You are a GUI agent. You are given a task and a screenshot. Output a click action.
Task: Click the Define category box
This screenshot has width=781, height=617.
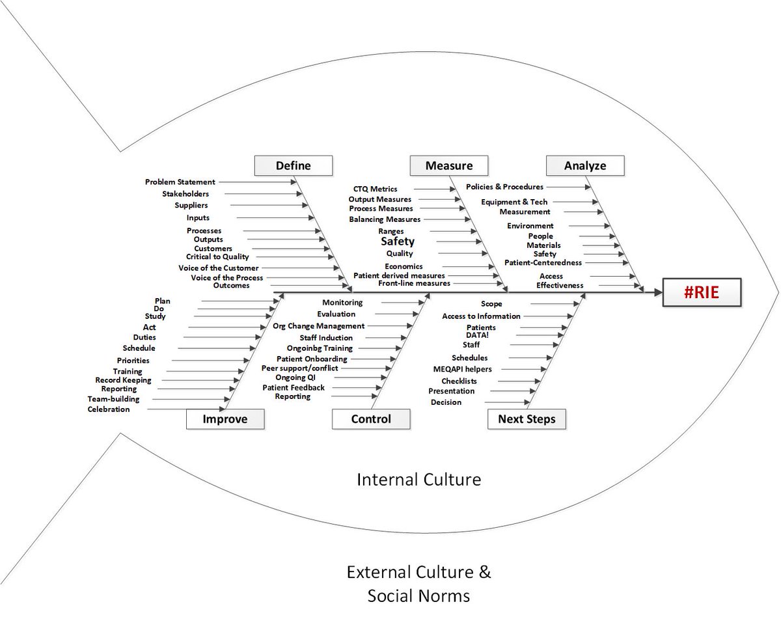click(293, 165)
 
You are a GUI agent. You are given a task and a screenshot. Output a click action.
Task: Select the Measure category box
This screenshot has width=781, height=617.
click(448, 165)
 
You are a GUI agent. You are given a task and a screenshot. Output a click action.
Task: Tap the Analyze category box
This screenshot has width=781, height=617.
click(585, 165)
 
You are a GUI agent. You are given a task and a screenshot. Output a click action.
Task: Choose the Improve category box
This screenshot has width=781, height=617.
click(225, 418)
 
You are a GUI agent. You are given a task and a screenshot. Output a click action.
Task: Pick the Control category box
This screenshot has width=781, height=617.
click(371, 418)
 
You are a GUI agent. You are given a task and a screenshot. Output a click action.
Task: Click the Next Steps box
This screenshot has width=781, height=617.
click(527, 418)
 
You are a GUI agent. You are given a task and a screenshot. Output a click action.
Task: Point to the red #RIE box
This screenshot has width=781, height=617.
click(702, 292)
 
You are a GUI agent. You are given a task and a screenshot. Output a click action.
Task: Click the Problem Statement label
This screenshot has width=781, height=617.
click(180, 182)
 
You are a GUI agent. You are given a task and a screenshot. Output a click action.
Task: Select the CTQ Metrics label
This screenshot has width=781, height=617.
click(376, 189)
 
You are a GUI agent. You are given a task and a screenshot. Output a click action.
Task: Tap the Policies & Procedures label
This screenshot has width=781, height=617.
click(504, 187)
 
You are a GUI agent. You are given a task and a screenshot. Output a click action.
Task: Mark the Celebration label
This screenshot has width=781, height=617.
click(109, 409)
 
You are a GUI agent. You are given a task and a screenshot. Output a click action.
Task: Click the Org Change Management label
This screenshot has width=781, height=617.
click(318, 325)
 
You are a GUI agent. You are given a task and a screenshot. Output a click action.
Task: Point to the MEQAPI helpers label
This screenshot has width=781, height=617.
click(463, 369)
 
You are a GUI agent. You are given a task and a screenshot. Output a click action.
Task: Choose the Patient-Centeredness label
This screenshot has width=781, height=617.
click(543, 263)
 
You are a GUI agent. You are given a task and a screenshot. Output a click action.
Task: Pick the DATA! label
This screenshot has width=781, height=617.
click(477, 335)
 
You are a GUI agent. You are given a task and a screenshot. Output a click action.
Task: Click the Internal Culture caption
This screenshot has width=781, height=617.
click(419, 480)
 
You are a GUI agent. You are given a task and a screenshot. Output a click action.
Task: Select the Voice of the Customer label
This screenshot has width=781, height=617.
click(218, 268)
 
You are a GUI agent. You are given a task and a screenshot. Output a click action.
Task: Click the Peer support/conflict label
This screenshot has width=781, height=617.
click(299, 368)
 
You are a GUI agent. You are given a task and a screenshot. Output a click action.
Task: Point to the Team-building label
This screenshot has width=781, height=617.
click(113, 399)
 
